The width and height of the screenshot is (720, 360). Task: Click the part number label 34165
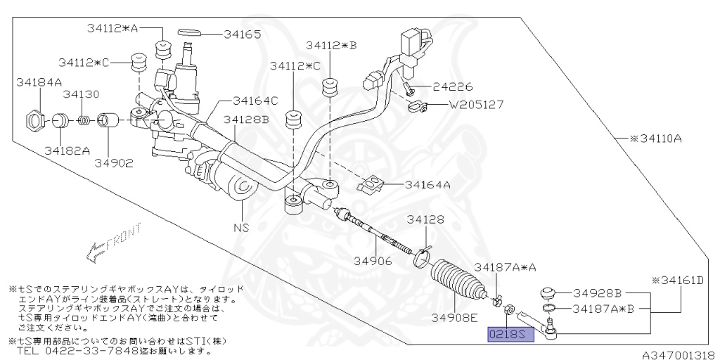pos(243,33)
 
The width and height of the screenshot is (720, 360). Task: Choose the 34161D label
pos(678,280)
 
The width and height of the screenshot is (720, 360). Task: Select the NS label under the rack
pos(241,228)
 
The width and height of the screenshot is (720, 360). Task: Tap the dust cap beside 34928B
pos(549,292)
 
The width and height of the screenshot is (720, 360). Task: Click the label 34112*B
pos(330,46)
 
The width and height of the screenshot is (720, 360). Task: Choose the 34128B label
pos(246,120)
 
